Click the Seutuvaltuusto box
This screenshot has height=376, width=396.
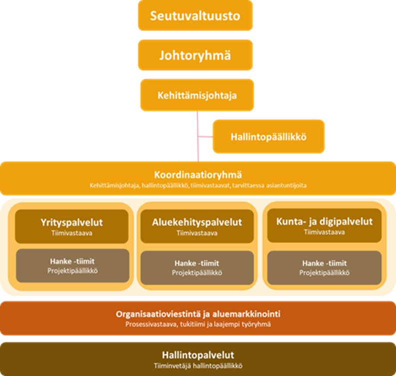[x=195, y=15]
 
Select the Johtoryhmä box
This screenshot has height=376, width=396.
[x=195, y=55]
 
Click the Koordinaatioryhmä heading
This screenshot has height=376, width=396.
[x=198, y=175]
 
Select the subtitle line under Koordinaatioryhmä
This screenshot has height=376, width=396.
[x=198, y=185]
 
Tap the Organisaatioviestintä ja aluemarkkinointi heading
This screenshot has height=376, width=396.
[x=198, y=314]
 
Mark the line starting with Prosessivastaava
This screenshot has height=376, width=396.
[x=198, y=324]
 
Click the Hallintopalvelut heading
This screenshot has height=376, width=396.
[x=198, y=355]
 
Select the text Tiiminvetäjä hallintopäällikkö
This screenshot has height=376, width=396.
[x=198, y=365]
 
